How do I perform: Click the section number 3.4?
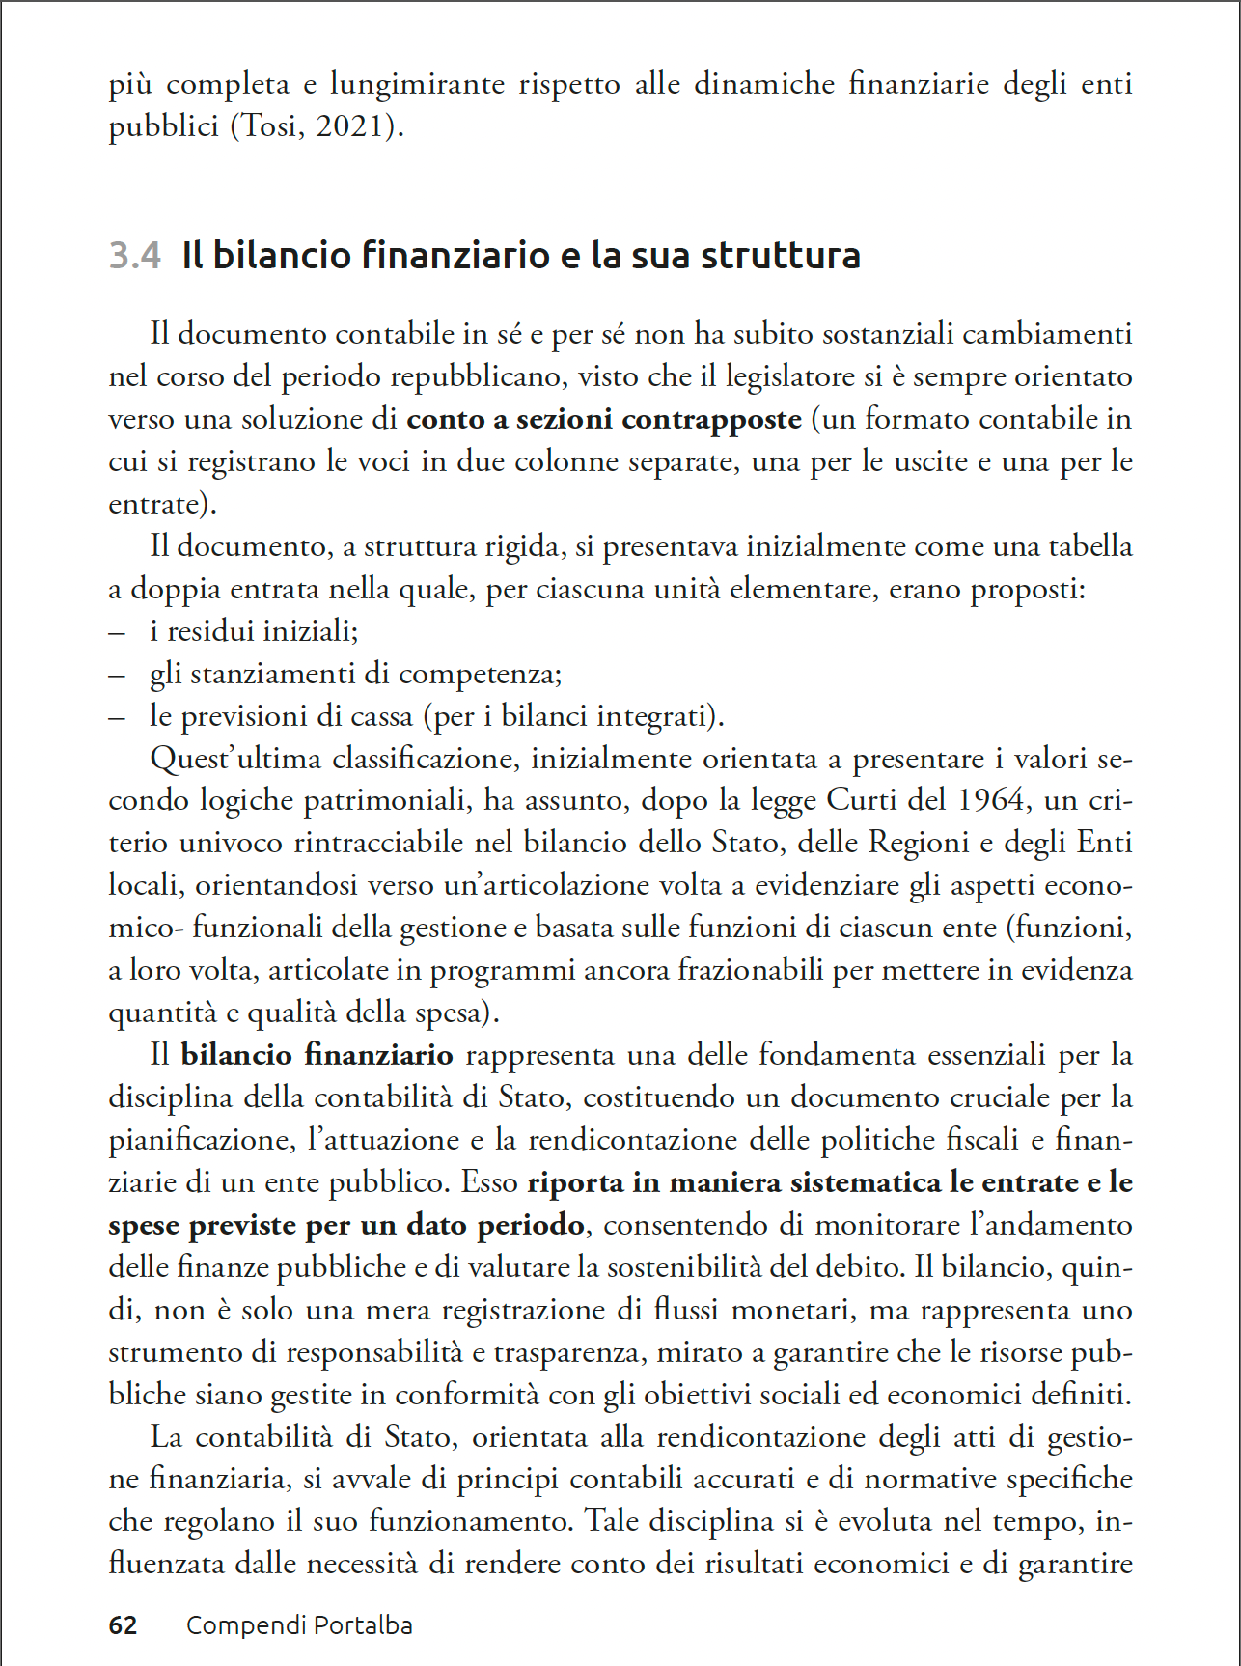(134, 256)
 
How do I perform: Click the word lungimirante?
(417, 85)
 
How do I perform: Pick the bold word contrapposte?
(711, 419)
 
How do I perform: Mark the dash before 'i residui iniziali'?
(117, 632)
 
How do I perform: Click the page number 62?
(123, 1625)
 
